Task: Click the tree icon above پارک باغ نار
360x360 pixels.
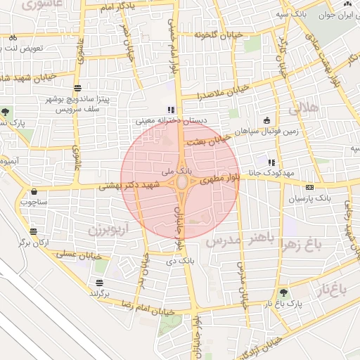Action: pos(283,292)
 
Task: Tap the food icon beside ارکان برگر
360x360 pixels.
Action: pos(33,231)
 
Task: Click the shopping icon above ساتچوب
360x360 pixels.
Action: pos(34,191)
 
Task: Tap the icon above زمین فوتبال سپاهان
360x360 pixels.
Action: pos(266,120)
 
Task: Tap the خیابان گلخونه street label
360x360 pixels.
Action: pos(219,35)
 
